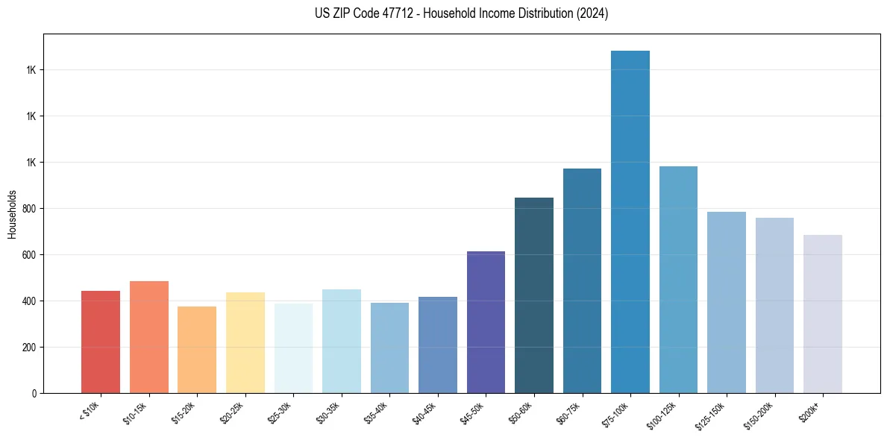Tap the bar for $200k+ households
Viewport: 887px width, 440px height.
[823, 314]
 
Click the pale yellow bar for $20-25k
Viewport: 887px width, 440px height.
[245, 342]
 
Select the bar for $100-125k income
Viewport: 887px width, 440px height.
[678, 280]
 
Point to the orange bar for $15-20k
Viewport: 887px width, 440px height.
[197, 350]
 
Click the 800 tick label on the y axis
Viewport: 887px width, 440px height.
[30, 209]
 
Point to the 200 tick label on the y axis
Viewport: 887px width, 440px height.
[30, 348]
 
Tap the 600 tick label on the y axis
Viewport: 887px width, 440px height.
[30, 255]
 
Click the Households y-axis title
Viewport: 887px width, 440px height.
[12, 214]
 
